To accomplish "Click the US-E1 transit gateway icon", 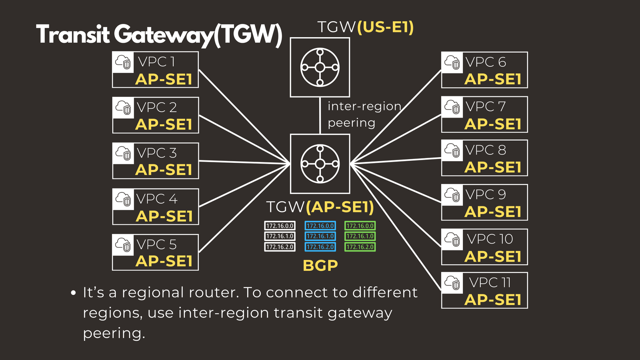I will point(320,67).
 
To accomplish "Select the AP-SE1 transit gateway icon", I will point(320,164).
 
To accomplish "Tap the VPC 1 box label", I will point(156,62).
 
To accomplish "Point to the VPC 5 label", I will point(156,244).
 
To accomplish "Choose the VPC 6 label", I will point(486,62).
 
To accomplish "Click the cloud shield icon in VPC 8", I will point(452,150).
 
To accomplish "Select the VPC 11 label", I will point(490,282).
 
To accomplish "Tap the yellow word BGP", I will point(320,265).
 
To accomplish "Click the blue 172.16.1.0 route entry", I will point(320,236).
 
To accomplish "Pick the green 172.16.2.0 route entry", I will point(360,247).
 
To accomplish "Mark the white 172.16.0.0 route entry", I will point(280,226).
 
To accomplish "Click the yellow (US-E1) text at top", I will point(385,27).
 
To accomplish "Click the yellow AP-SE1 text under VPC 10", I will point(493,256).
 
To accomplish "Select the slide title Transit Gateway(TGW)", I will point(159,34).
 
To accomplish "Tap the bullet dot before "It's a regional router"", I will point(73,293).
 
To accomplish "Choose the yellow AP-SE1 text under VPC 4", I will point(164,216).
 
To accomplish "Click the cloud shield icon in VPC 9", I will point(452,195).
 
